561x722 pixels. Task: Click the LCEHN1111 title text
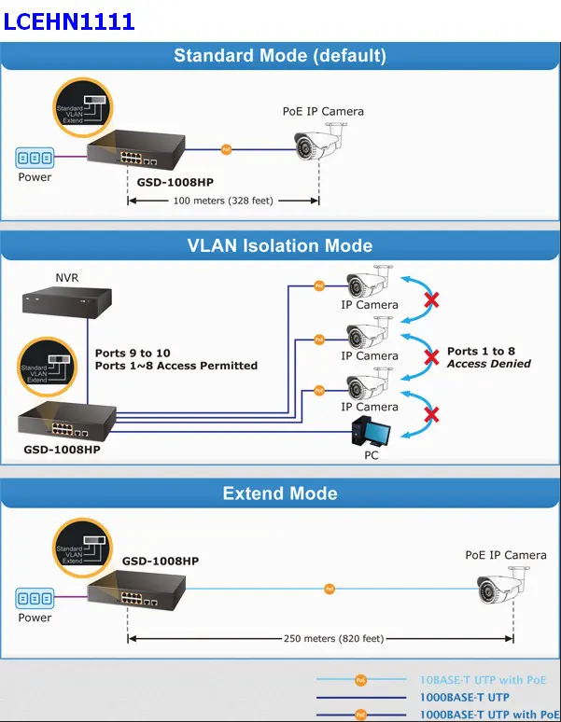(x=69, y=21)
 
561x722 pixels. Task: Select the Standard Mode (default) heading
(x=280, y=55)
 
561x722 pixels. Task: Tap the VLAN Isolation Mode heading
(x=280, y=246)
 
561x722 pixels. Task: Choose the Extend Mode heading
(x=280, y=493)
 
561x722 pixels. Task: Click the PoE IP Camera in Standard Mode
(x=317, y=144)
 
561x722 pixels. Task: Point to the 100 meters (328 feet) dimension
(x=223, y=201)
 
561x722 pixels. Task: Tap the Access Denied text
(x=488, y=364)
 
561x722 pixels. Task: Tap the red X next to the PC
(x=432, y=413)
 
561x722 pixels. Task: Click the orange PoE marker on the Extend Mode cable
(x=329, y=589)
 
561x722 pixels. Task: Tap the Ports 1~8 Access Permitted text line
(x=176, y=366)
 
